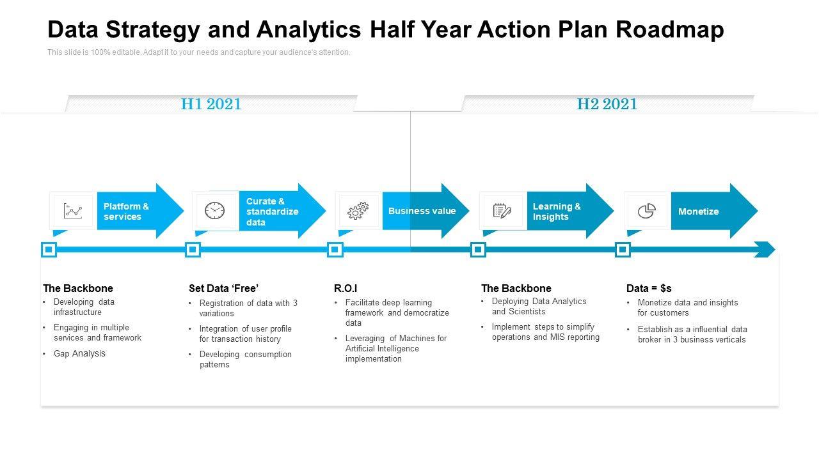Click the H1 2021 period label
pyautogui.click(x=211, y=104)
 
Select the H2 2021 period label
pyautogui.click(x=607, y=104)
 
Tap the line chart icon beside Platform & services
pyautogui.click(x=73, y=211)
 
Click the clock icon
pyautogui.click(x=215, y=211)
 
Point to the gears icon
pyautogui.click(x=358, y=211)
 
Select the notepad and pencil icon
pyautogui.click(x=502, y=211)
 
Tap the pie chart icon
pyautogui.click(x=647, y=211)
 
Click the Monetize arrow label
pyautogui.click(x=698, y=211)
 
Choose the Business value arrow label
pyautogui.click(x=422, y=211)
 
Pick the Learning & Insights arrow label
pyautogui.click(x=557, y=211)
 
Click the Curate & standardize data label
pyautogui.click(x=272, y=211)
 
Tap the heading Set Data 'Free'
pyautogui.click(x=223, y=288)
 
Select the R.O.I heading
pyautogui.click(x=346, y=288)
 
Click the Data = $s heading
pyautogui.click(x=649, y=288)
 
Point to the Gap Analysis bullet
pyautogui.click(x=79, y=353)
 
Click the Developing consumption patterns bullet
pyautogui.click(x=245, y=359)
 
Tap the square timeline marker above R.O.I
pyautogui.click(x=335, y=249)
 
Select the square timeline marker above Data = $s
pyautogui.click(x=623, y=249)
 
